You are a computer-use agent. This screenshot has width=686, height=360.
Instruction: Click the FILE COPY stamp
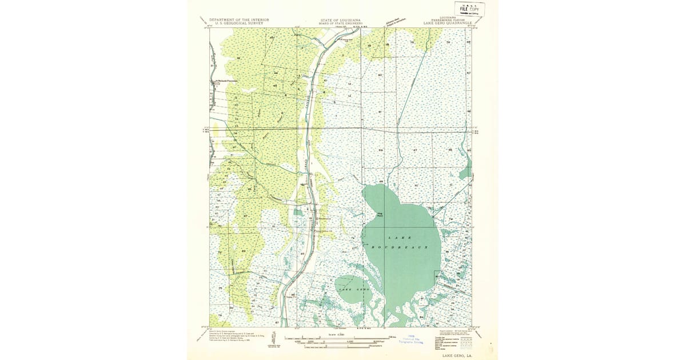click(470, 9)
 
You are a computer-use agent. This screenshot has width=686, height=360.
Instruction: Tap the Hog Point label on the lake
click(380, 215)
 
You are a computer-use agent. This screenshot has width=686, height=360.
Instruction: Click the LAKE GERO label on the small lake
click(352, 290)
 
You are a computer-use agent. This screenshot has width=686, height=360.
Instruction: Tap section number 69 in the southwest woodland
click(244, 251)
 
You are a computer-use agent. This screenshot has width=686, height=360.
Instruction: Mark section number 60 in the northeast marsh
click(380, 75)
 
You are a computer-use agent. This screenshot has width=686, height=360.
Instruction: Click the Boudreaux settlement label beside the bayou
click(324, 217)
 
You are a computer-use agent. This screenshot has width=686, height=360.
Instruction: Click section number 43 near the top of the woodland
click(272, 37)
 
